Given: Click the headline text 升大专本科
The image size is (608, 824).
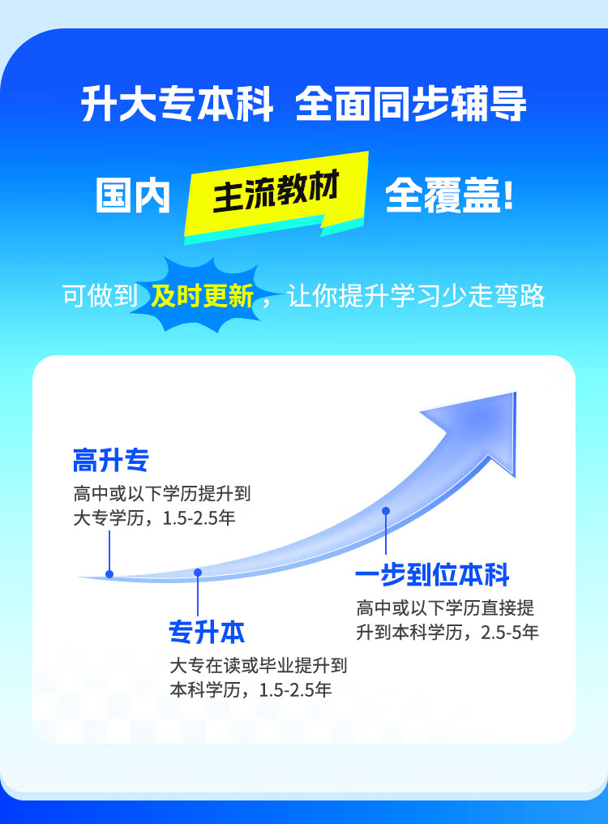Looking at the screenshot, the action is [178, 105].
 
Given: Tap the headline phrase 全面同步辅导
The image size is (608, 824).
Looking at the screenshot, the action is [411, 105].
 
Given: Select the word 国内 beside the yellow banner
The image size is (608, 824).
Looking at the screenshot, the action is [133, 196].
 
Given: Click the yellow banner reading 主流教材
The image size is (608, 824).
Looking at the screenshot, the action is [276, 195].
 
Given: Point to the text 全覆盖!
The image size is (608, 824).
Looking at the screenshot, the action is [449, 196].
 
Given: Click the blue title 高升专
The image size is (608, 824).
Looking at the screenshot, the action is [111, 461].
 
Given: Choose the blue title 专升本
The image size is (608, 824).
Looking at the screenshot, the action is [207, 632].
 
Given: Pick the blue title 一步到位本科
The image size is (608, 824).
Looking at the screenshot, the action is [432, 575].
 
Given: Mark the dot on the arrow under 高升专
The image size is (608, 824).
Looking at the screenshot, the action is [109, 574].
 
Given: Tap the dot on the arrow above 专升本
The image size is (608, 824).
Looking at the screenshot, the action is [198, 573].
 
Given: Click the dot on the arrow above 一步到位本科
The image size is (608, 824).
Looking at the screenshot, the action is [386, 511].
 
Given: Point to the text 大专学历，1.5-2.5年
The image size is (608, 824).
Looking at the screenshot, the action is [154, 517].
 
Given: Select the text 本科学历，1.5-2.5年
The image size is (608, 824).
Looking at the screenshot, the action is [250, 691].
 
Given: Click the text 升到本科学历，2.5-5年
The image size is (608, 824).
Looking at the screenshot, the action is [447, 633].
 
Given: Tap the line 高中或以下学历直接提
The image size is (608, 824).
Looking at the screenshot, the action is [445, 608].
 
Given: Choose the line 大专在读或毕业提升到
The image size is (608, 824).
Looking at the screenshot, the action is [258, 666].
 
